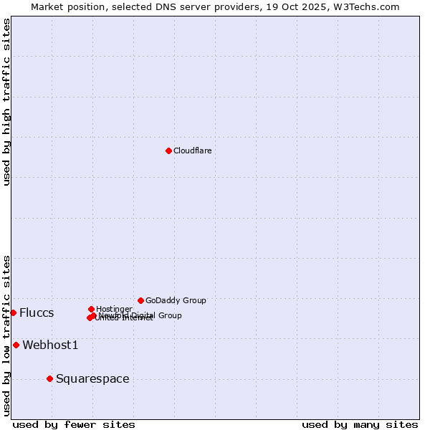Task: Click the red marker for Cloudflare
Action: click(168, 150)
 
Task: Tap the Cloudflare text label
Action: click(192, 150)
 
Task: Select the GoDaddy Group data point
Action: click(140, 300)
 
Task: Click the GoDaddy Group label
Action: click(176, 300)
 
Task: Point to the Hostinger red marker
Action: click(91, 309)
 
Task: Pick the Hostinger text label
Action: click(114, 309)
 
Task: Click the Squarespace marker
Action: click(49, 378)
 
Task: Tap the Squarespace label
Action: click(92, 378)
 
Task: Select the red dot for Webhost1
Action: click(16, 345)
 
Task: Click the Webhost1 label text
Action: click(50, 345)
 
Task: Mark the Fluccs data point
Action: click(13, 312)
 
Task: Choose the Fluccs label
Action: click(37, 312)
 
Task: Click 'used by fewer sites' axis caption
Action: click(74, 424)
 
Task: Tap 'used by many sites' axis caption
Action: click(360, 424)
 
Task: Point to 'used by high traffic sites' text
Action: click(7, 102)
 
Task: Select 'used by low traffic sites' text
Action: click(7, 335)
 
